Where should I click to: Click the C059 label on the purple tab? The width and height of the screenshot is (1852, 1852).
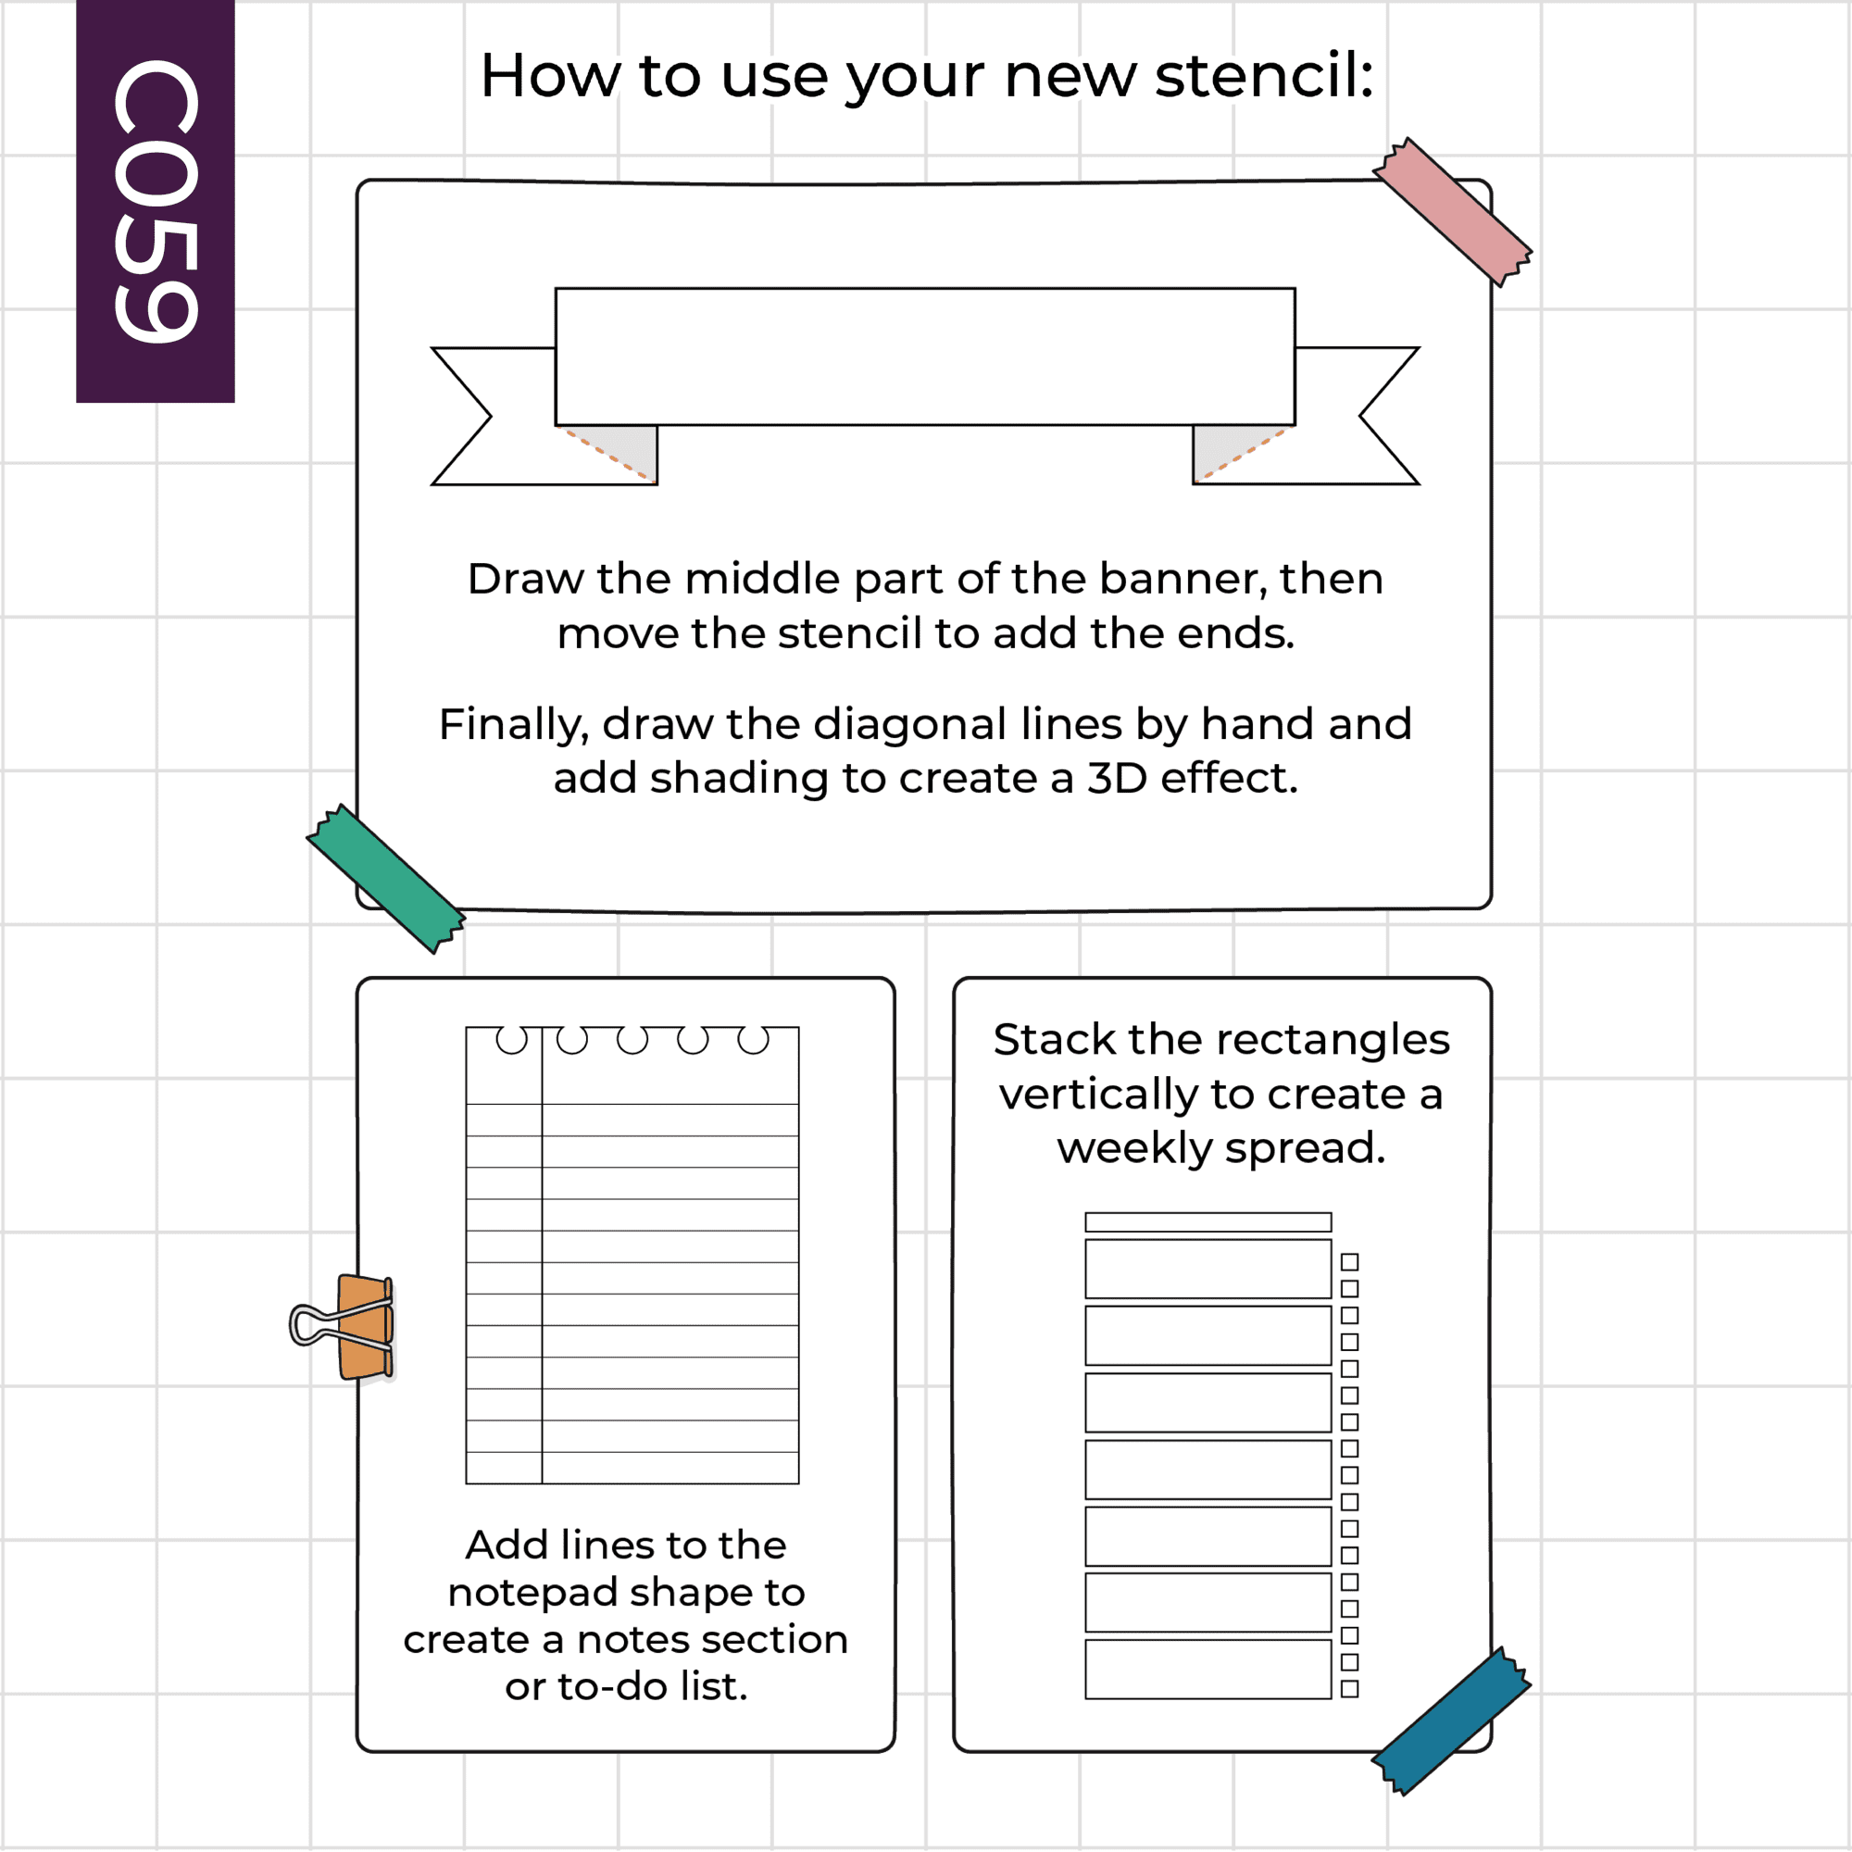pos(156,200)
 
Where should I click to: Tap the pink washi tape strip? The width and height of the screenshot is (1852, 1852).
pos(1452,212)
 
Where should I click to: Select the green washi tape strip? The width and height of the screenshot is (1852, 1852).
pos(386,879)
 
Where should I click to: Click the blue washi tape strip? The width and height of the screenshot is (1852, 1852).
pos(1451,1721)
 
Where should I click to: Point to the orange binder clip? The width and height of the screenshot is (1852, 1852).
pos(344,1328)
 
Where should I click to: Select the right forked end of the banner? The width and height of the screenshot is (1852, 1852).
pos(1356,416)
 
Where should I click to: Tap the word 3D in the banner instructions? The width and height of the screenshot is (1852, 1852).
pos(1117,779)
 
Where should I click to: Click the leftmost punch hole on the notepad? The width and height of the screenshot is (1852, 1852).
pos(512,1039)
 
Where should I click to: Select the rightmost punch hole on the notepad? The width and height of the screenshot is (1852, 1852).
pos(754,1039)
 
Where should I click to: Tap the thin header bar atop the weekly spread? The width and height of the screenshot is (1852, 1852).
pos(1208,1222)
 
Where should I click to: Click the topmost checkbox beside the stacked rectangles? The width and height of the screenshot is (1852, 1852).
pos(1350,1261)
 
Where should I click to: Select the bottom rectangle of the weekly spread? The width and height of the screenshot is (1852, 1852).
pos(1208,1669)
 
